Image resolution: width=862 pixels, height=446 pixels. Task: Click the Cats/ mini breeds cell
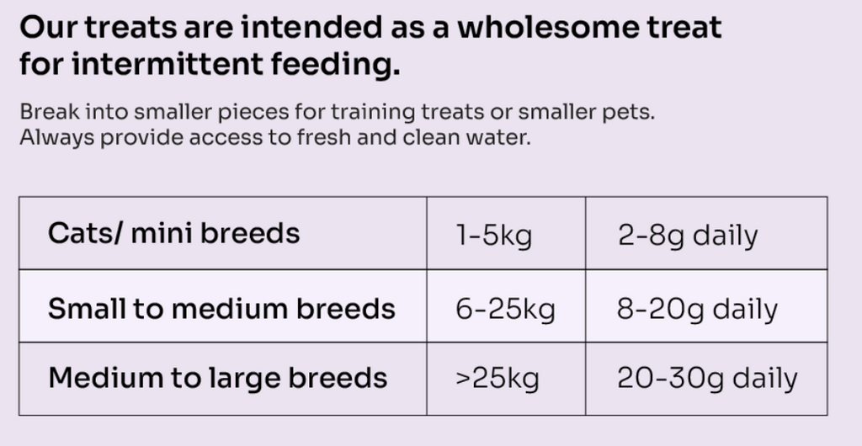(x=173, y=233)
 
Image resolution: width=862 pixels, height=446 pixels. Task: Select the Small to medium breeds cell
(x=221, y=308)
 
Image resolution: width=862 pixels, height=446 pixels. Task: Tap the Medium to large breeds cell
(x=218, y=377)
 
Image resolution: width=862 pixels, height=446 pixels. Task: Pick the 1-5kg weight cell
(x=494, y=235)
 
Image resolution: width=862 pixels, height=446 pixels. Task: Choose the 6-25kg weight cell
(x=505, y=309)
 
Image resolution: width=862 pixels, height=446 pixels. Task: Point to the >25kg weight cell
(x=497, y=378)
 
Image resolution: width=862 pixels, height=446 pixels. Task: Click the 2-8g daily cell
(x=688, y=235)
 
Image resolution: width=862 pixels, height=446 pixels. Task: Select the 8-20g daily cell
(x=697, y=309)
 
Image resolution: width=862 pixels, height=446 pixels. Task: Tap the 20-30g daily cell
(x=707, y=378)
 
